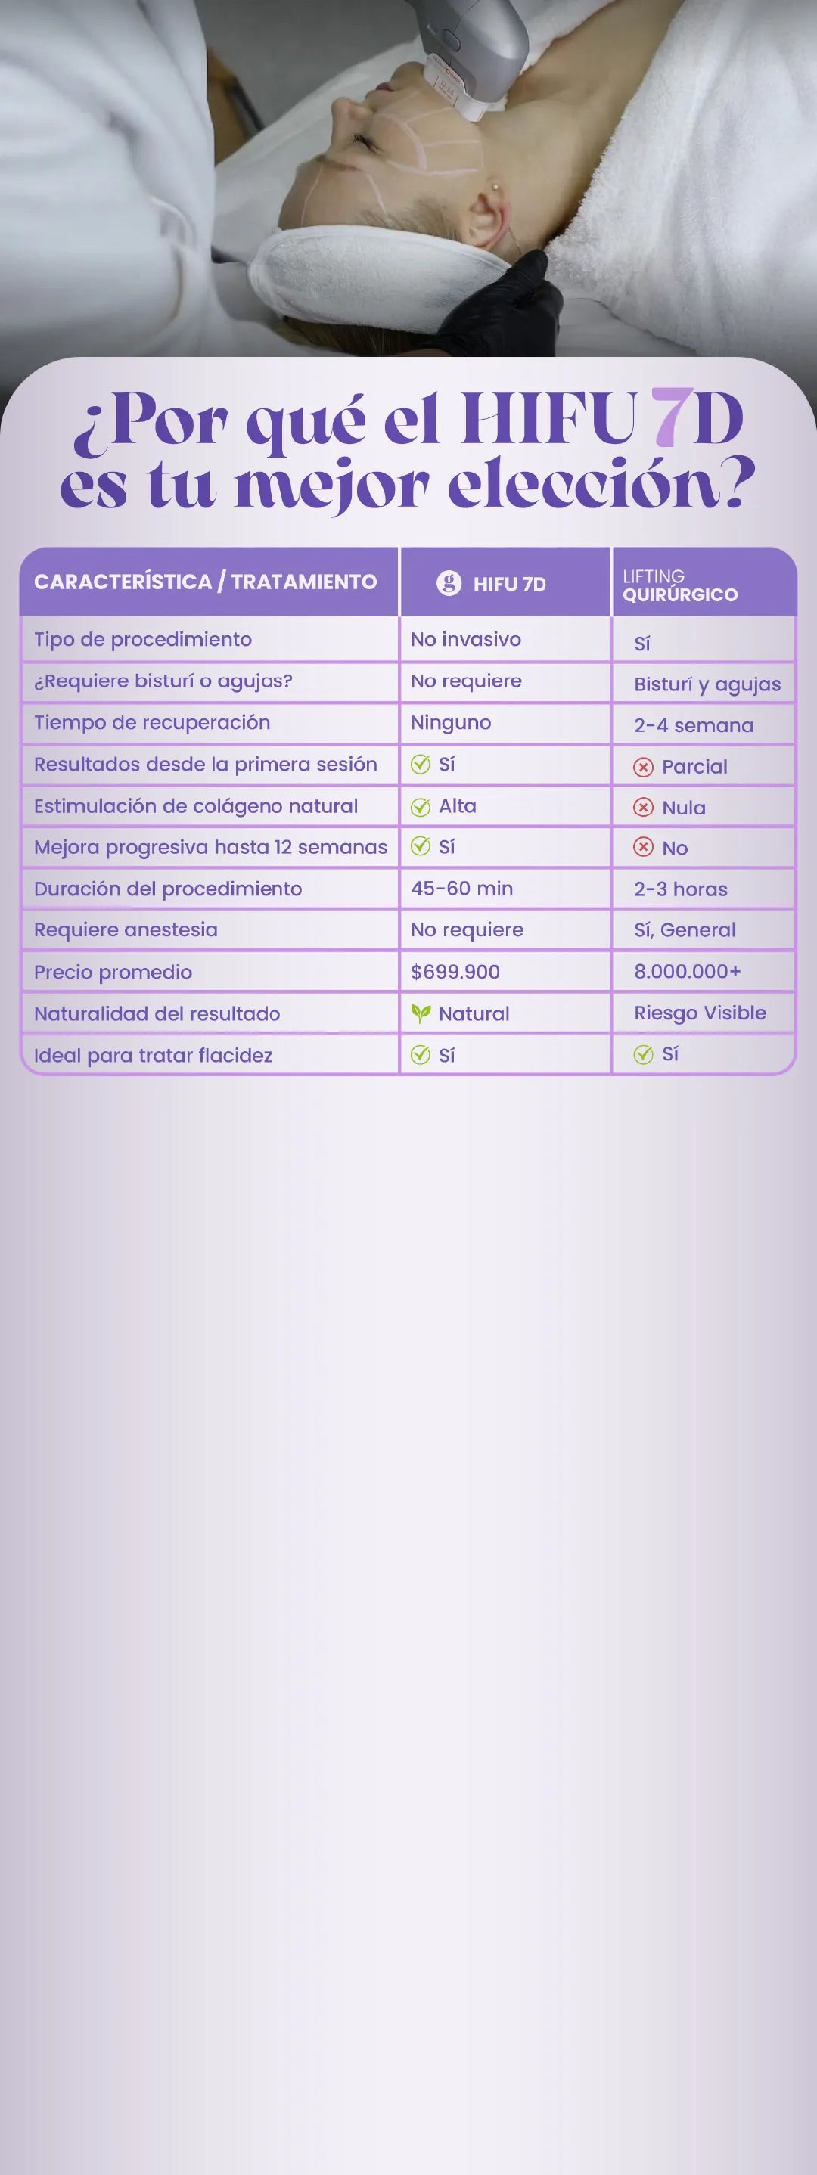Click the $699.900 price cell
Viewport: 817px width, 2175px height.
455,972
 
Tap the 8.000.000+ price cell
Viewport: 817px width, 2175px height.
687,971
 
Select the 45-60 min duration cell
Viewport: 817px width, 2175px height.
461,889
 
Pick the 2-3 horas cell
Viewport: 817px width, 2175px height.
680,889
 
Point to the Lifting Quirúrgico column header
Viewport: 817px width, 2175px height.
680,585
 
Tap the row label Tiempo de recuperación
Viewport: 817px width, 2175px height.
152,723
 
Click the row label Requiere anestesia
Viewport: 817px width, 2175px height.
126,929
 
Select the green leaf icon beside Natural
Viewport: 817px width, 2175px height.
420,1013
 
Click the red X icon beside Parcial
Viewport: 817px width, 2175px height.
643,767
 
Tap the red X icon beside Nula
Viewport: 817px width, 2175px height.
643,807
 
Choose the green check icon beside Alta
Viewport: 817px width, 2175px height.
420,806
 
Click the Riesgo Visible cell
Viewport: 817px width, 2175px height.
700,1013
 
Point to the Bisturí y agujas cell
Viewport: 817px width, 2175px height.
707,684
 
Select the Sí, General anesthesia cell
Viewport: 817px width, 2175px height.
685,929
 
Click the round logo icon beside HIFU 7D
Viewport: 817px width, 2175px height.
449,582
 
